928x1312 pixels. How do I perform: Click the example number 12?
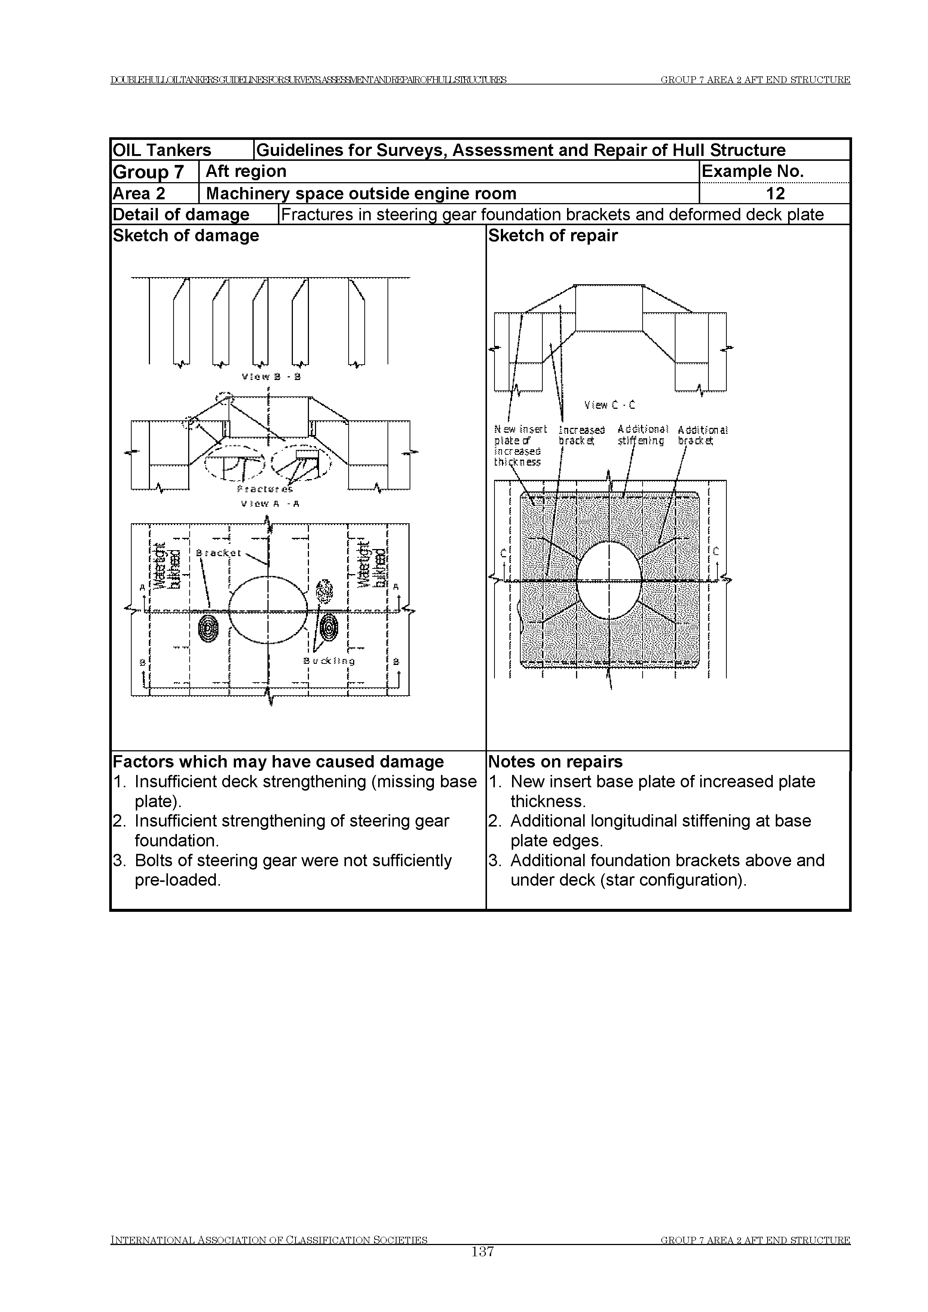[x=775, y=194]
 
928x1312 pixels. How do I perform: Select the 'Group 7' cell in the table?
[x=148, y=171]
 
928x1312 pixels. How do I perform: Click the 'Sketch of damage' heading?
[x=186, y=235]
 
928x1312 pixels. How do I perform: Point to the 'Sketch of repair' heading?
[x=552, y=235]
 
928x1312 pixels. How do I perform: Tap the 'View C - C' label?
[x=609, y=405]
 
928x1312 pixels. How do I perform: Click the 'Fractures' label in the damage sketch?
[x=264, y=490]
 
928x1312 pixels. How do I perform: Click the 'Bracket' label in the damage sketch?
[x=218, y=553]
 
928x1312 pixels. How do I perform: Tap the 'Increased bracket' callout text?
[x=581, y=435]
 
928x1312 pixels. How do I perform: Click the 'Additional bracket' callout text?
[x=702, y=435]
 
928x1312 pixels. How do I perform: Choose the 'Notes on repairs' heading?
[x=555, y=762]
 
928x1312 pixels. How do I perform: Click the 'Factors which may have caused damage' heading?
[x=278, y=762]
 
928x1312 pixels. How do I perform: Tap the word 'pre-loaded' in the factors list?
[x=177, y=880]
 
